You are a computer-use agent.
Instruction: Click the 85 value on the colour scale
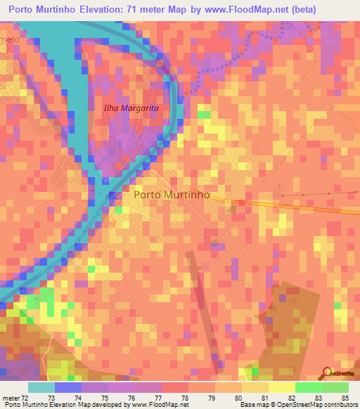[x=345, y=398]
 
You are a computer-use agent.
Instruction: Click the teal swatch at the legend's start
[x=41, y=387]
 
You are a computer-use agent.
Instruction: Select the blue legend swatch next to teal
[x=68, y=387]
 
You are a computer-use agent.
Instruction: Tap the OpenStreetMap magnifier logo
[x=326, y=373]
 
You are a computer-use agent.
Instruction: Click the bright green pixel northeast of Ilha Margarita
[x=204, y=115]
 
